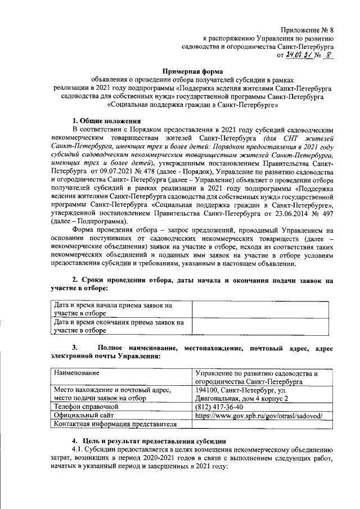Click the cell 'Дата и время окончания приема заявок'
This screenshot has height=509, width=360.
tap(119, 326)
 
